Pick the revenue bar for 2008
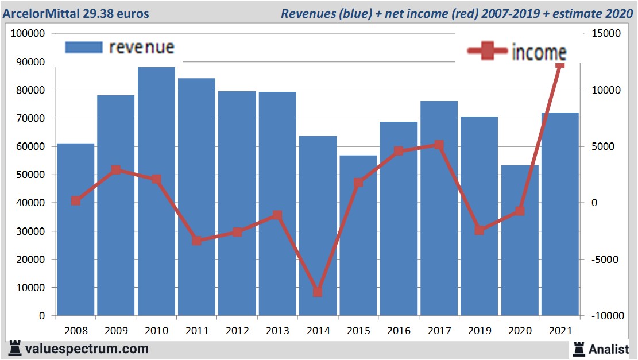coord(76,230)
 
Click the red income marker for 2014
coord(318,292)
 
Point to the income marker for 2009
coord(116,170)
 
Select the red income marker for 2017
coord(439,145)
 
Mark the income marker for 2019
coord(480,230)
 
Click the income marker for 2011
coord(197,241)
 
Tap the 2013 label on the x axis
coord(278,331)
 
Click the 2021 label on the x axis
coord(560,331)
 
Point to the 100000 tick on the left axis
coord(28,33)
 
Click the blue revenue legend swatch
coord(84,47)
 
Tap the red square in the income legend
coord(488,52)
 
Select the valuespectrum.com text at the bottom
coord(86,349)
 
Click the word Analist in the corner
coord(609,349)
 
